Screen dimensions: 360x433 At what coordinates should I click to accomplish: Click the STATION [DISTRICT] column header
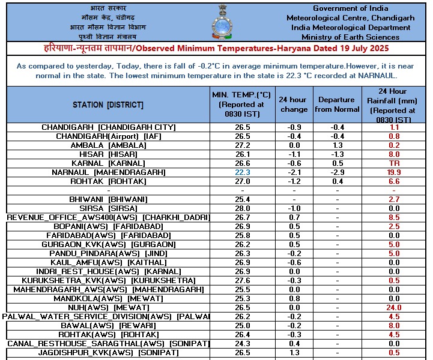coord(108,105)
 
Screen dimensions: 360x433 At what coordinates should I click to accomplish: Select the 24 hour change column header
coord(294,105)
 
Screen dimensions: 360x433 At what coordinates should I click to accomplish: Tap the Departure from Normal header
coord(337,105)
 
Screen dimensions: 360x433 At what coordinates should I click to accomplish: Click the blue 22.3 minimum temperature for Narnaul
coord(242,172)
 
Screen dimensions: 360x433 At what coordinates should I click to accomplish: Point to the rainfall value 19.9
coord(395,172)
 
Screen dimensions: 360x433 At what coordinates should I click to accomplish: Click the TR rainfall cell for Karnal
coord(395,163)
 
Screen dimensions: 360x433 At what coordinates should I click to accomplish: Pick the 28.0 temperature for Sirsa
coord(242,208)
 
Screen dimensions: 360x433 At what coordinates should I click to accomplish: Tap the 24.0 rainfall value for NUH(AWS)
coord(395,308)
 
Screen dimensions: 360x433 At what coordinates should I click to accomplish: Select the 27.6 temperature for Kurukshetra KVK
coord(242,281)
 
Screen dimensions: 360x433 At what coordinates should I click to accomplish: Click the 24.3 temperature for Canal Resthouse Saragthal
coord(242,344)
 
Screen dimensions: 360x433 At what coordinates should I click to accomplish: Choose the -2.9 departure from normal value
coord(337,172)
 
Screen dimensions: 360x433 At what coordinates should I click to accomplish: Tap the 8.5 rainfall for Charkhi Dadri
coord(395,217)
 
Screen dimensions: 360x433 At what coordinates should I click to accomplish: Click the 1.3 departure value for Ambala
coord(337,145)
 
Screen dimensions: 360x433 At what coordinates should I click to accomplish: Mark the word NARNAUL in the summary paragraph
coord(377,76)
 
